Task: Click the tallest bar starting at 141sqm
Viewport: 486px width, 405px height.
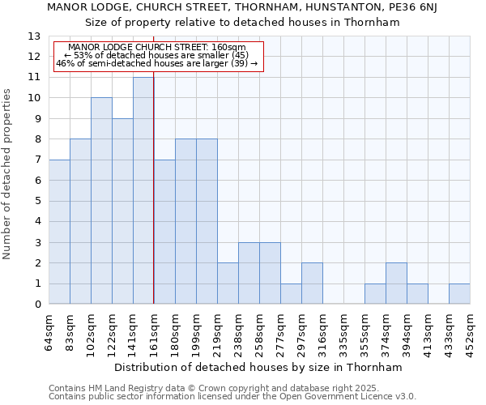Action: (143, 190)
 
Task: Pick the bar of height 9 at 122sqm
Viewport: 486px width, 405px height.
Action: (122, 211)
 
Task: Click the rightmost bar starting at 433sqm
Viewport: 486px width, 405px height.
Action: (459, 294)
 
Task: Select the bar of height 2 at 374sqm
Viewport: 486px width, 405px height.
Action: (396, 283)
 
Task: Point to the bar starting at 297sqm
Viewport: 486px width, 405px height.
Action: (312, 283)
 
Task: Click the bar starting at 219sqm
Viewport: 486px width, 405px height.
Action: (228, 283)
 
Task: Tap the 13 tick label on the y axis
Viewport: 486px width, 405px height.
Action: (33, 36)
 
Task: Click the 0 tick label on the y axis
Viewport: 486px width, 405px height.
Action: (37, 305)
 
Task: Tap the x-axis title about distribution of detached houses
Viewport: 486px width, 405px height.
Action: (258, 367)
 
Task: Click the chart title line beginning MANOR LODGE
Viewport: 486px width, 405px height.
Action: (242, 7)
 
